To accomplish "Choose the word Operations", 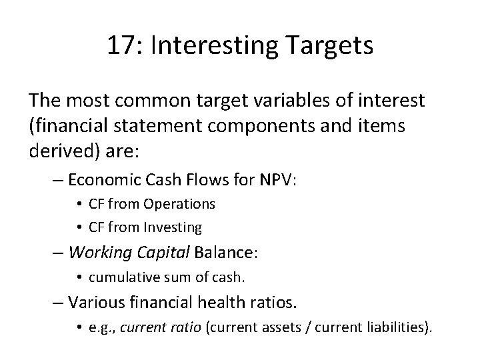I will point(184,203).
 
